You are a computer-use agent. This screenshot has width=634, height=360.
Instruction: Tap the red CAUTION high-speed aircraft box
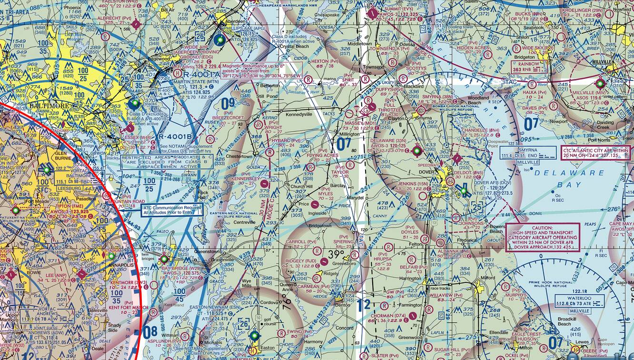point(542,237)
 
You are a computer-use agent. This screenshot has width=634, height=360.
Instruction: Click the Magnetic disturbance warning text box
point(261,70)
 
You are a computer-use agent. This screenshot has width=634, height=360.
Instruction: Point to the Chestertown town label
point(239,156)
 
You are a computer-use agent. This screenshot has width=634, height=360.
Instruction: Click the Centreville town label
point(243,222)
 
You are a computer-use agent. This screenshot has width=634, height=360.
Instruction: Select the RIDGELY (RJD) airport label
point(304,261)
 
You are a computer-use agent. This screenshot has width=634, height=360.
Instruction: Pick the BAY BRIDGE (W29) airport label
point(174,268)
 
